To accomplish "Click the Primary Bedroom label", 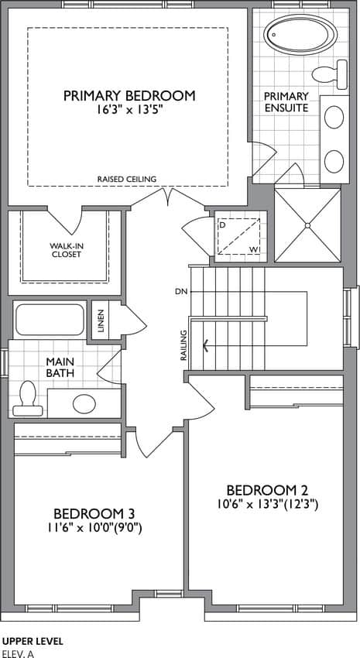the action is click(x=129, y=96).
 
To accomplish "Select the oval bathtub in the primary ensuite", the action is click(x=300, y=34).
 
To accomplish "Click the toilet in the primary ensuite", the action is click(x=330, y=74).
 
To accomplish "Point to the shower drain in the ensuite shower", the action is click(x=307, y=225).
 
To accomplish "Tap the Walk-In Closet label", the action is click(x=65, y=250).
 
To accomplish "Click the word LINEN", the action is click(x=100, y=320).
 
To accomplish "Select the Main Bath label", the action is click(x=60, y=367).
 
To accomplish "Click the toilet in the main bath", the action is click(x=27, y=399).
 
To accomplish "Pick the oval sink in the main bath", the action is click(x=84, y=403).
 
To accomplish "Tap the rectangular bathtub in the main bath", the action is click(x=50, y=320).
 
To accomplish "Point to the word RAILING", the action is click(x=183, y=346).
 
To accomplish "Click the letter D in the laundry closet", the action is click(x=221, y=224).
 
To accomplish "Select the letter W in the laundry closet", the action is click(x=253, y=250).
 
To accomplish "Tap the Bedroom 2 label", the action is click(x=267, y=490).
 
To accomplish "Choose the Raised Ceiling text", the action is click(x=127, y=179).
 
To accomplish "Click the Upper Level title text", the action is click(x=33, y=641).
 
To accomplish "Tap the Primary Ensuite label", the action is click(x=286, y=102).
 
